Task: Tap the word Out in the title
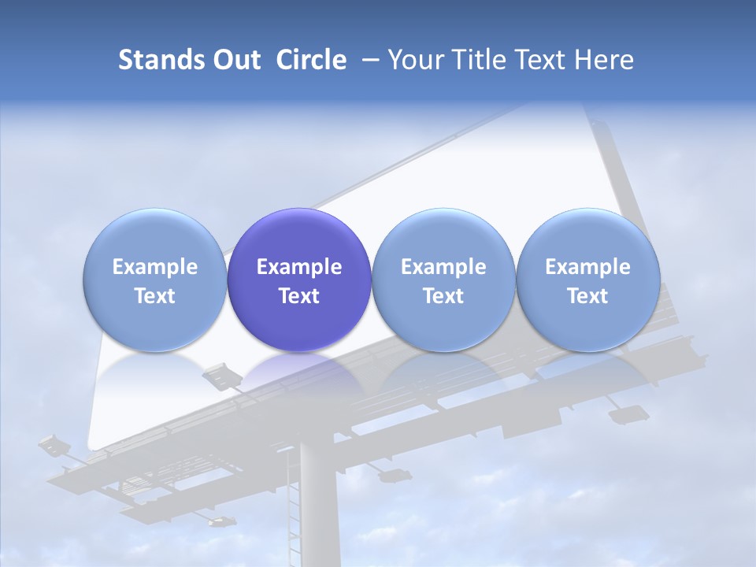tap(231, 60)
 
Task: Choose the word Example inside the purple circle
tap(299, 267)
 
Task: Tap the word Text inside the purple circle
tap(299, 296)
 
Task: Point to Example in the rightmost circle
tap(587, 267)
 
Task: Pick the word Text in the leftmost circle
tap(154, 296)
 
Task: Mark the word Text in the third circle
tap(443, 296)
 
